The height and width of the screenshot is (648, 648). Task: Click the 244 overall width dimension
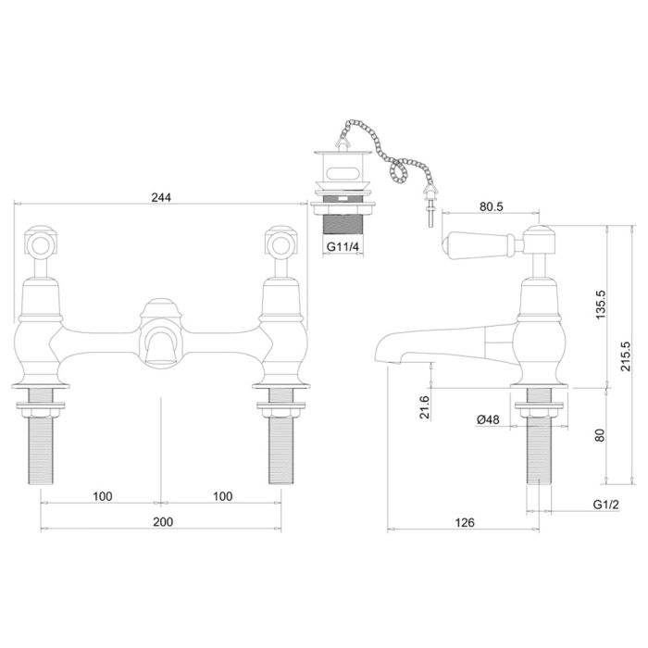coord(161,197)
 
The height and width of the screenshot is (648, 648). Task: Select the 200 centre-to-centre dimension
coord(163,522)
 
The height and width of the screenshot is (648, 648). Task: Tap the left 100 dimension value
coord(103,496)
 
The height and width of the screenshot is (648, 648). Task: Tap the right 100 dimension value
coord(223,496)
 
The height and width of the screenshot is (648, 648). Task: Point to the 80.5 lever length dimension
coord(492,206)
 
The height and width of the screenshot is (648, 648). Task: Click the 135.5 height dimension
coord(600,305)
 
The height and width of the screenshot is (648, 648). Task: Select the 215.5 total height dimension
coord(626,356)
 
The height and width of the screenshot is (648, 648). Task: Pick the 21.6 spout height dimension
coord(424,407)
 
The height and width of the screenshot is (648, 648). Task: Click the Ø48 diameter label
coord(488,420)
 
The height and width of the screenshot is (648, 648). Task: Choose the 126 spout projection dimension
coord(465,523)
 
